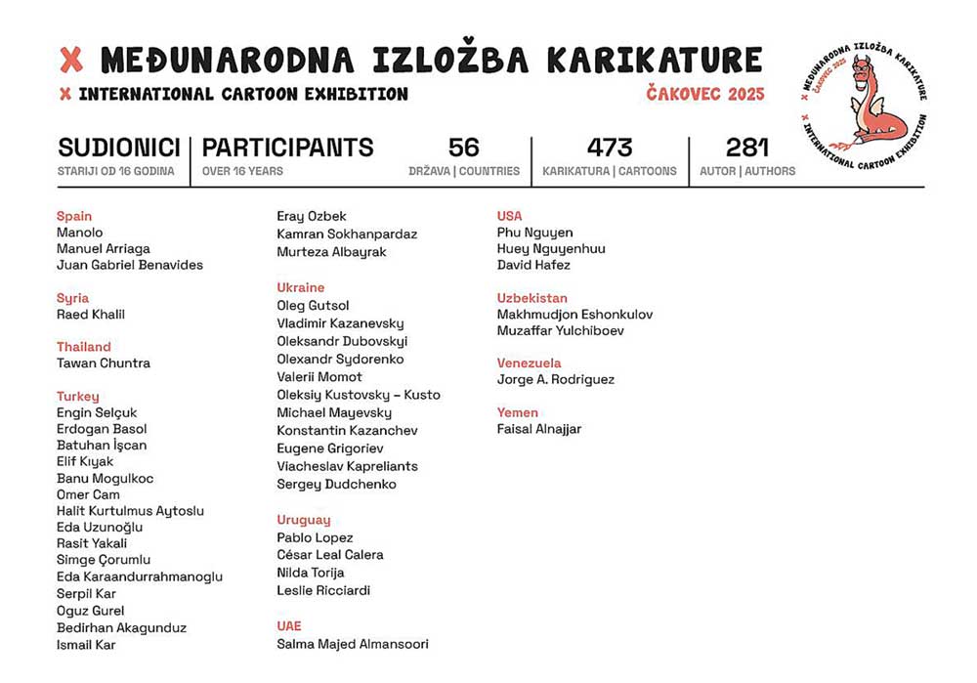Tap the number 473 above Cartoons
pos(610,148)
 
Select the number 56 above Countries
pos(464,148)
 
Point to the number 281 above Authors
pos(748,148)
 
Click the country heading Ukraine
pos(300,287)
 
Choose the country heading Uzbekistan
pos(531,298)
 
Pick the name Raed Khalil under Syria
pos(91,315)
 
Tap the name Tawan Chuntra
pos(104,363)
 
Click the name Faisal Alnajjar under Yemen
pos(539,429)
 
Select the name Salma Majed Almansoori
pos(353,644)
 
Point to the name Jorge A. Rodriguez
pos(556,379)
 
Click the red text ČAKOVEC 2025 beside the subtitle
pos(705,94)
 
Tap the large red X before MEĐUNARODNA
pos(71,61)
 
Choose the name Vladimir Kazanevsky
pos(340,323)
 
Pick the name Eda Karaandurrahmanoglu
pos(140,576)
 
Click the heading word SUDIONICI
pos(119,148)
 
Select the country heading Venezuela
pos(531,363)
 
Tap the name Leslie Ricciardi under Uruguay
pos(323,590)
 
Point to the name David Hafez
pos(533,265)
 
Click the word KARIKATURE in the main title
pos(654,61)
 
